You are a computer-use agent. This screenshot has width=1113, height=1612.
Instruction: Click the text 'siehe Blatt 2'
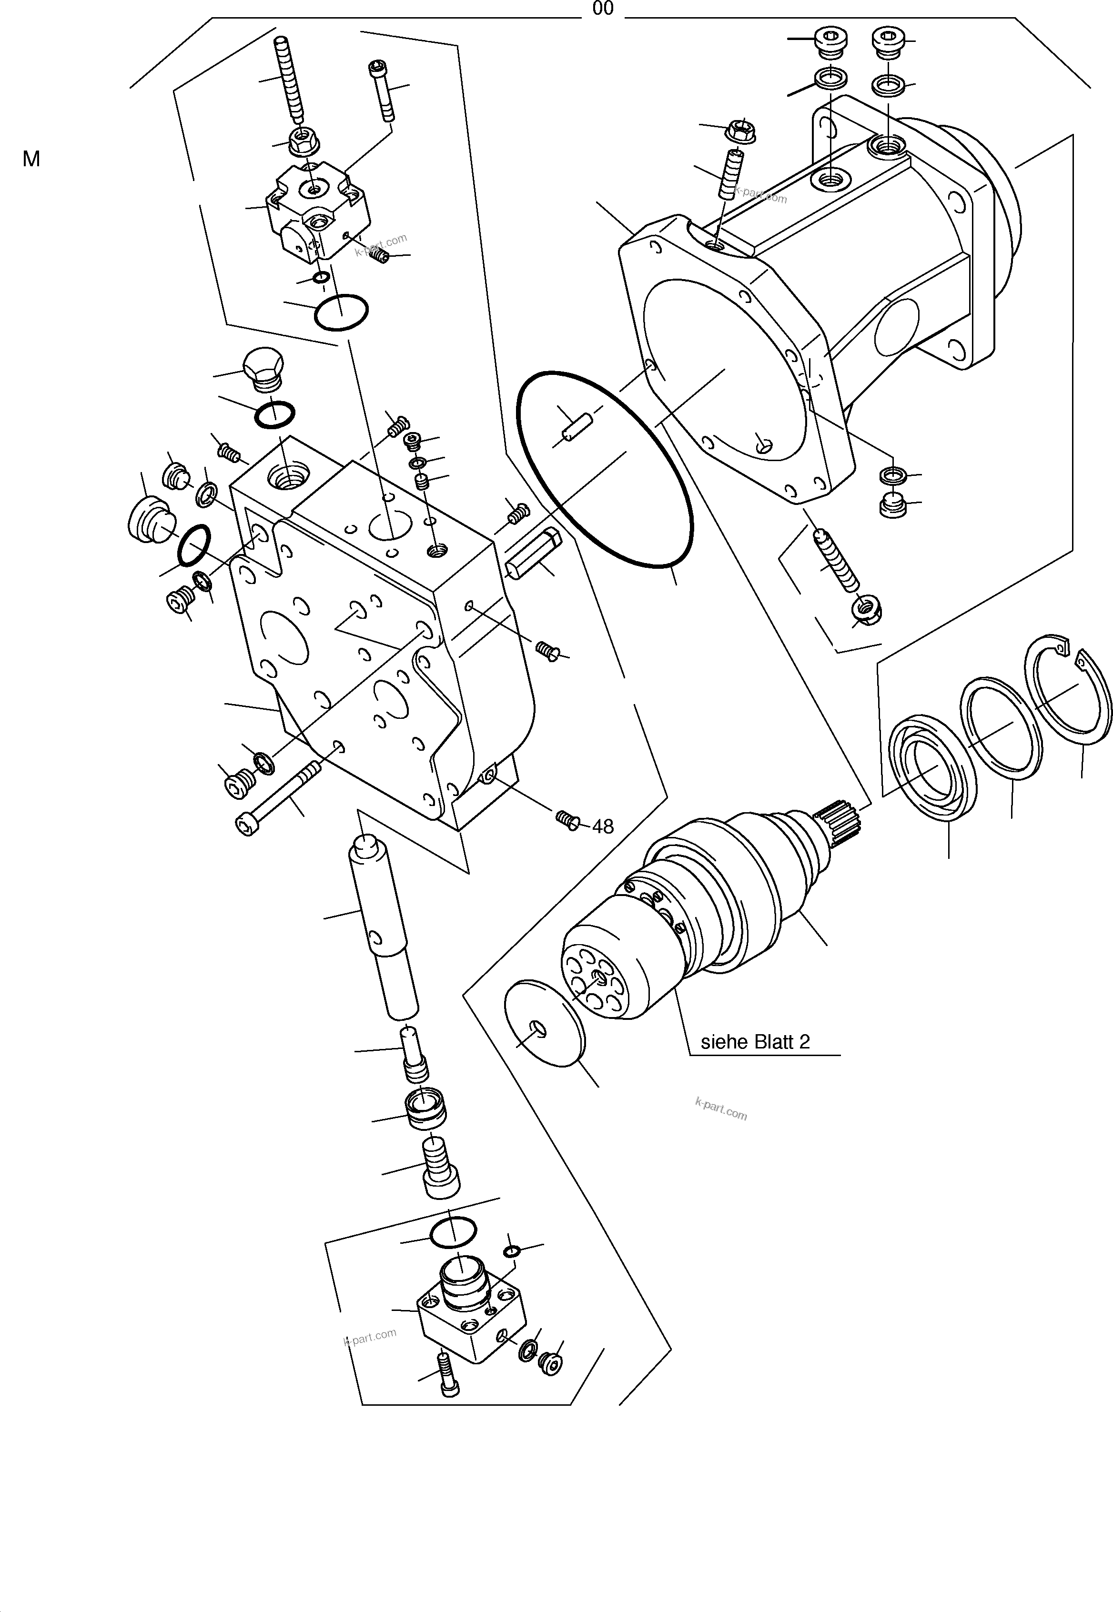(x=755, y=1042)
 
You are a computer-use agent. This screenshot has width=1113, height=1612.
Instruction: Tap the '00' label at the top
(x=603, y=9)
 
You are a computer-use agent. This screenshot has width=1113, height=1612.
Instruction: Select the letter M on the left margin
(x=31, y=160)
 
